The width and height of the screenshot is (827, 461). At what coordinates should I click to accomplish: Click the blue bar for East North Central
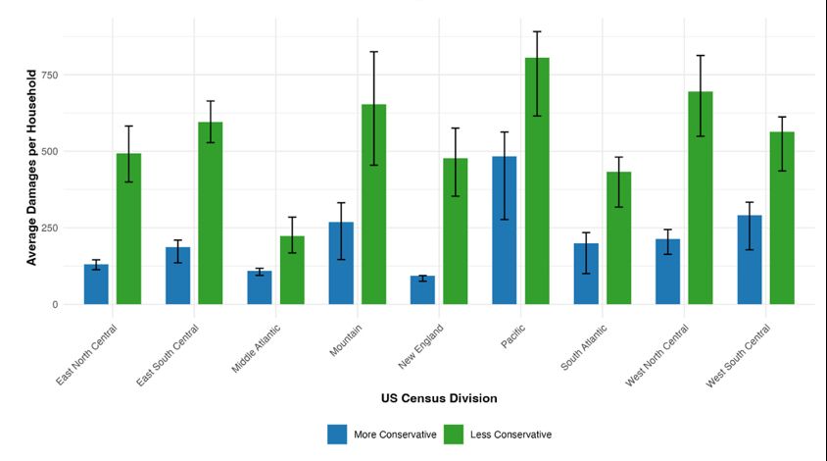pyautogui.click(x=96, y=284)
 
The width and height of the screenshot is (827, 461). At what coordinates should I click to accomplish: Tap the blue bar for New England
pyautogui.click(x=422, y=290)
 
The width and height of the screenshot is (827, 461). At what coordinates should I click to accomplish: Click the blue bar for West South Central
pyautogui.click(x=750, y=260)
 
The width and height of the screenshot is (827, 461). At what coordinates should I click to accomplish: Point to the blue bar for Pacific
pyautogui.click(x=505, y=230)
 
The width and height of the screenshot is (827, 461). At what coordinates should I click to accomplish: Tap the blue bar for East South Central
pyautogui.click(x=177, y=276)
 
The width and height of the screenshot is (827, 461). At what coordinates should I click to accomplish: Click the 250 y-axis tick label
pyautogui.click(x=46, y=229)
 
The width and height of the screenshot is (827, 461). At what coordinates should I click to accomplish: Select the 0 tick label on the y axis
pyautogui.click(x=54, y=305)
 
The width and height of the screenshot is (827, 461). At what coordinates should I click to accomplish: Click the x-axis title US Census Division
pyautogui.click(x=439, y=398)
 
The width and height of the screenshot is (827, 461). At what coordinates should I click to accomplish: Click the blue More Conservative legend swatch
pyautogui.click(x=337, y=434)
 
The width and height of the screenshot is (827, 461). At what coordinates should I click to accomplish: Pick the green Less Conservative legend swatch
pyautogui.click(x=455, y=434)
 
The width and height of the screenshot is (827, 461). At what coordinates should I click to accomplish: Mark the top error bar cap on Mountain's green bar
pyautogui.click(x=373, y=52)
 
